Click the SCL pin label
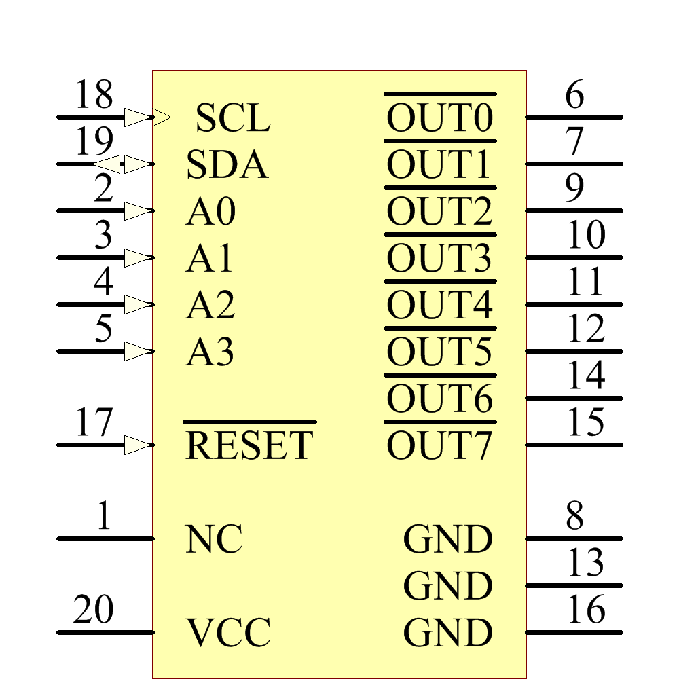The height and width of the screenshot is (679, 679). point(233,118)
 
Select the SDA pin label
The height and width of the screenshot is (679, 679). point(227,165)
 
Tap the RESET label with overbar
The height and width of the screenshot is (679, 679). point(249,445)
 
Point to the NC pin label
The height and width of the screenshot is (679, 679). point(214,540)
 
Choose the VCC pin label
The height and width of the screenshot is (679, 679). point(229,633)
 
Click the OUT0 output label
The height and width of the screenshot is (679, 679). point(439,118)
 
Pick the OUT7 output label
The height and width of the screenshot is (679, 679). point(439,446)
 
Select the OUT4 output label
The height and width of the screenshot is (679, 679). point(439,306)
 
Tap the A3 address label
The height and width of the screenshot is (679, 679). point(210,352)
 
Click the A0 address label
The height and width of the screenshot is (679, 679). point(210,212)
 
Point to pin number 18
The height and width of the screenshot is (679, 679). point(94,95)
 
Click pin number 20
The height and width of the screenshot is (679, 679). point(94,610)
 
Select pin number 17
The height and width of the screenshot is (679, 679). point(94,423)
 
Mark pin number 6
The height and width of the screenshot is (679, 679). point(574,95)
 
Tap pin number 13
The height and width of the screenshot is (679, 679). point(585,563)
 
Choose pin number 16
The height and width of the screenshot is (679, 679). point(585,610)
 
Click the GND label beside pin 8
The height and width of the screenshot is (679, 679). point(447,540)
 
